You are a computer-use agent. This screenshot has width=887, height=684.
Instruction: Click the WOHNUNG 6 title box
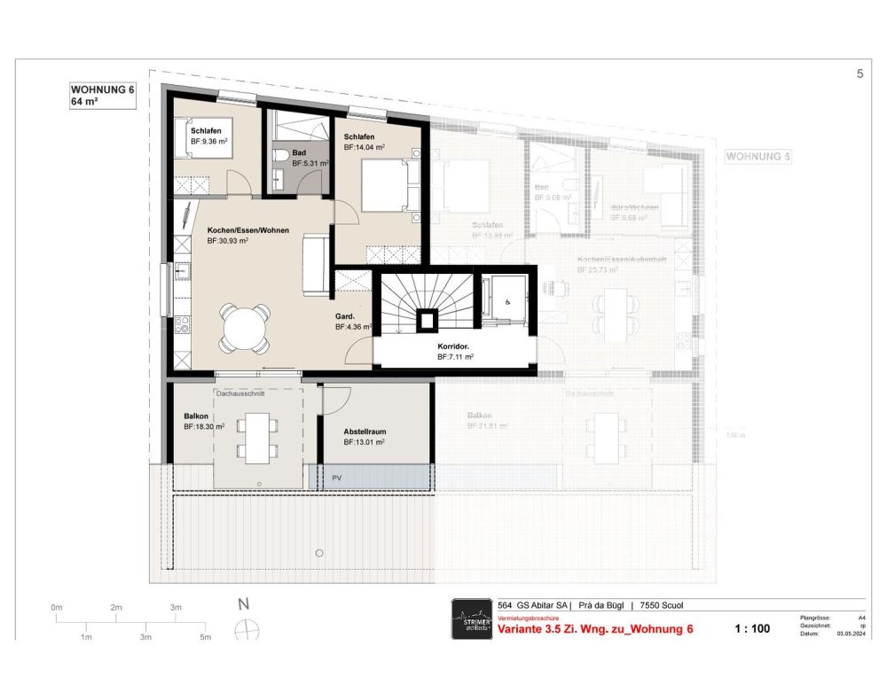point(101,95)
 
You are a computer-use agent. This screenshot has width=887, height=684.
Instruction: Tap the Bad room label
point(299,152)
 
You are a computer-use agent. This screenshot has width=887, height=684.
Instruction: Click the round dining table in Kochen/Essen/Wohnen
point(245,327)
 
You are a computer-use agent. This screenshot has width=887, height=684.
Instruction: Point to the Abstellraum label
point(365,431)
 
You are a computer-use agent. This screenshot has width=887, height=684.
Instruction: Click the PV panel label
point(336,478)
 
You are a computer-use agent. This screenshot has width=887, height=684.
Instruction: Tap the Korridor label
point(453,346)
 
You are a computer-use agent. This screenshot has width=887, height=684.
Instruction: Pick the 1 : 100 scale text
point(752,629)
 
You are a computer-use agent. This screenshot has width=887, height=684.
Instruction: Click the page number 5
point(860,74)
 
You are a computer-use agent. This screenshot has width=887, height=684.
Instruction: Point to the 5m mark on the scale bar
point(205,636)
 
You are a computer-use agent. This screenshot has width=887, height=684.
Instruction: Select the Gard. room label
point(345,316)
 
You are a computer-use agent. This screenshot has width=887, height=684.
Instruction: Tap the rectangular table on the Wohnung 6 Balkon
point(256,439)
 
